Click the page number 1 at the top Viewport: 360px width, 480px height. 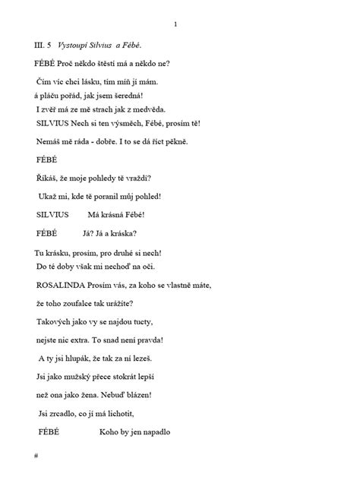[175, 24]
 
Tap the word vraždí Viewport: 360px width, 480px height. [141, 178]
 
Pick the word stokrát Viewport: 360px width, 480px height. [136, 375]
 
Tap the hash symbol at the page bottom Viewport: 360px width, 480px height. [36, 455]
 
